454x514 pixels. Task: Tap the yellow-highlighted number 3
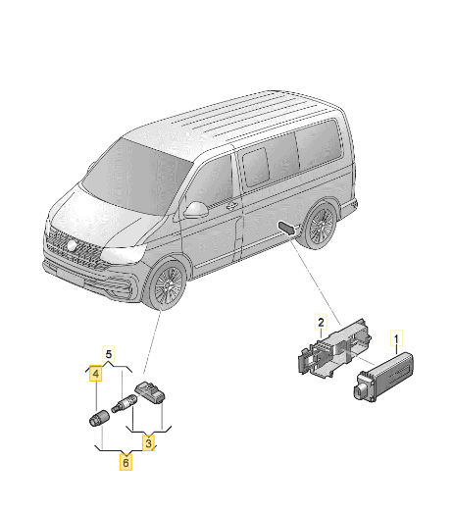tap(148, 443)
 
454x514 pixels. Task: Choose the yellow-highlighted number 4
tap(95, 373)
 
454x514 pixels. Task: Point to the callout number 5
tap(110, 352)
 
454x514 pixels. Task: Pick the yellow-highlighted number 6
tap(126, 460)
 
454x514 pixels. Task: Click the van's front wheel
tap(163, 284)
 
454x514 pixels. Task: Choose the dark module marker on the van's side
tap(286, 228)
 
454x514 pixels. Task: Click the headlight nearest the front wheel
tap(126, 257)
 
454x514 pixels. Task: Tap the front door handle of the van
tap(230, 207)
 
